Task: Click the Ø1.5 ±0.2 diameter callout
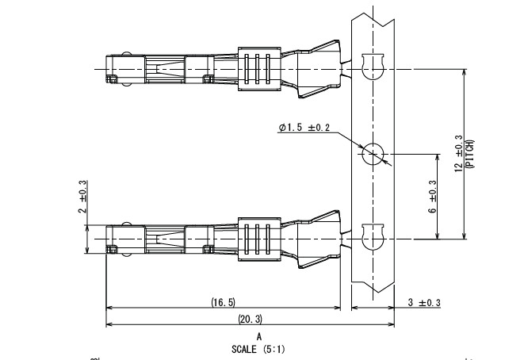(x=306, y=127)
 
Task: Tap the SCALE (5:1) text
(x=260, y=347)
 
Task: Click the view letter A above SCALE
(x=259, y=336)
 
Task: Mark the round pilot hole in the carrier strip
(x=373, y=154)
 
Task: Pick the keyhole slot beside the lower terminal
(x=370, y=236)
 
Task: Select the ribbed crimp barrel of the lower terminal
(x=259, y=237)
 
